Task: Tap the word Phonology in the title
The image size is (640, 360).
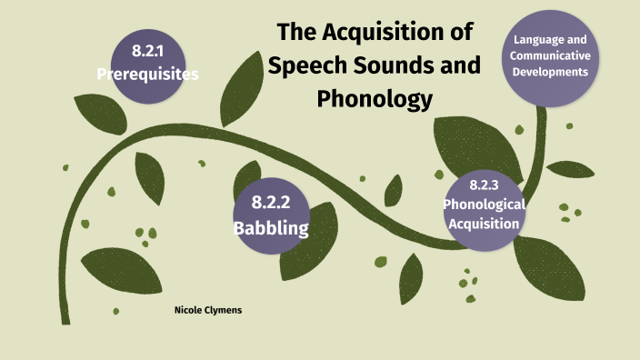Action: pyautogui.click(x=374, y=98)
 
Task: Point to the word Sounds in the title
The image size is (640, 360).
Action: pyautogui.click(x=381, y=66)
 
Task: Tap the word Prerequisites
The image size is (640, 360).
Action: pyautogui.click(x=147, y=75)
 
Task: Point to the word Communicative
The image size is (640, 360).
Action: pyautogui.click(x=551, y=56)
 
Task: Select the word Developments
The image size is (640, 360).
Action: pyautogui.click(x=551, y=73)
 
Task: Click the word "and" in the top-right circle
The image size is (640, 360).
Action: pyautogui.click(x=578, y=40)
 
